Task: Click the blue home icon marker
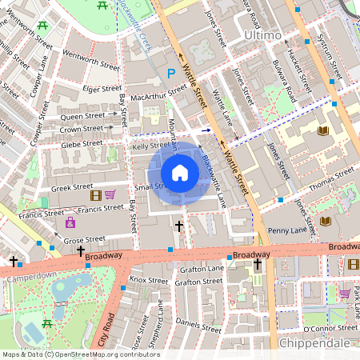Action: [180, 173]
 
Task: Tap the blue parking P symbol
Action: [170, 74]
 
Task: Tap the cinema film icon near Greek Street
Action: [96, 194]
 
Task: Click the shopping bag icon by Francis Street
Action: [70, 222]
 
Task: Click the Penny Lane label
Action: [288, 230]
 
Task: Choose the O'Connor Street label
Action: [328, 329]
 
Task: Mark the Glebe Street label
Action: [82, 144]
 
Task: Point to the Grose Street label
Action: [84, 239]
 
